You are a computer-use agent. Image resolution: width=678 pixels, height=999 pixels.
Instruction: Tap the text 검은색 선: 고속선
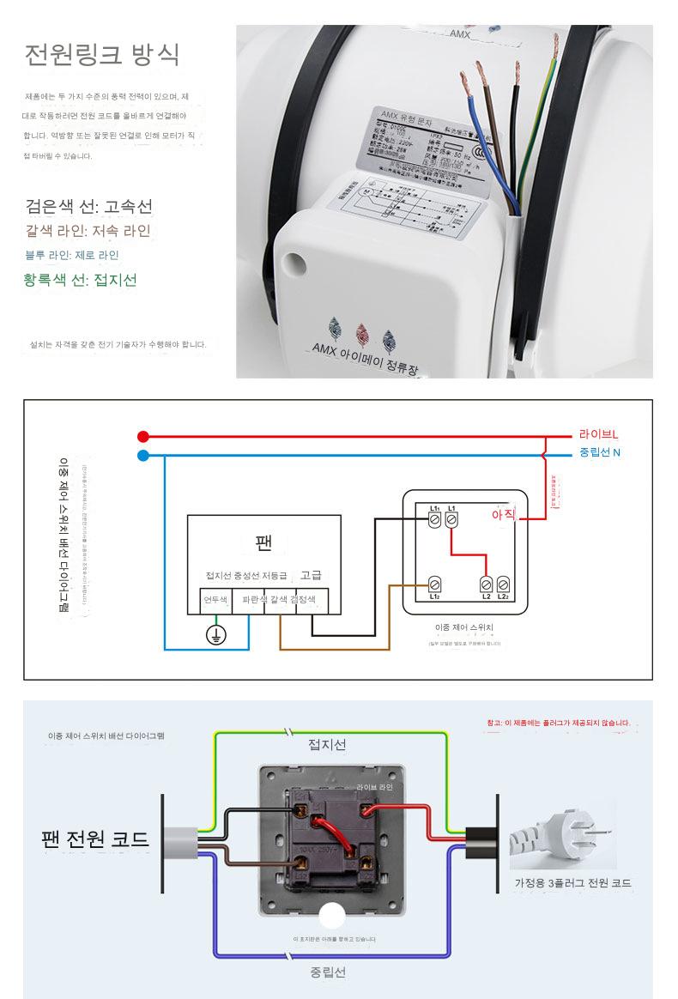[x=88, y=207]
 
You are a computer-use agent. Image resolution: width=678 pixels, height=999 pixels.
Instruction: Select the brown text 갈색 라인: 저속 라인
[x=88, y=231]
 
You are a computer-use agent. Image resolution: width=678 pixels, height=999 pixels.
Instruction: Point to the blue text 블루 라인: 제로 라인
[x=72, y=255]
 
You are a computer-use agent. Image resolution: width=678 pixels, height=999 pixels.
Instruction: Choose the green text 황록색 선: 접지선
[x=81, y=280]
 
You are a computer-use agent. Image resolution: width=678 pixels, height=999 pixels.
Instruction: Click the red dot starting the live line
[x=143, y=436]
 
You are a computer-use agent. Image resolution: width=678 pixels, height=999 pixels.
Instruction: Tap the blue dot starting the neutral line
[x=143, y=455]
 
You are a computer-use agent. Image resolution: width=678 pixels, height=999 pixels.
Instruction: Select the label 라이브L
[x=598, y=435]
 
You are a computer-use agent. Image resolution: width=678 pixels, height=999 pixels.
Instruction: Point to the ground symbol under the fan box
[x=216, y=635]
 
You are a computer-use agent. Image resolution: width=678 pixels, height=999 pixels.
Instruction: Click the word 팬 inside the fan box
[x=263, y=542]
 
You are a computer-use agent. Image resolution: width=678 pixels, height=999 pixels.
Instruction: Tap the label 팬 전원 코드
[x=94, y=839]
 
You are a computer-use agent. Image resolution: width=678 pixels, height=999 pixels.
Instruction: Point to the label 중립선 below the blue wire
[x=328, y=972]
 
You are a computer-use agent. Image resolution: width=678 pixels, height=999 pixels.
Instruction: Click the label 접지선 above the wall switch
[x=327, y=744]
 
